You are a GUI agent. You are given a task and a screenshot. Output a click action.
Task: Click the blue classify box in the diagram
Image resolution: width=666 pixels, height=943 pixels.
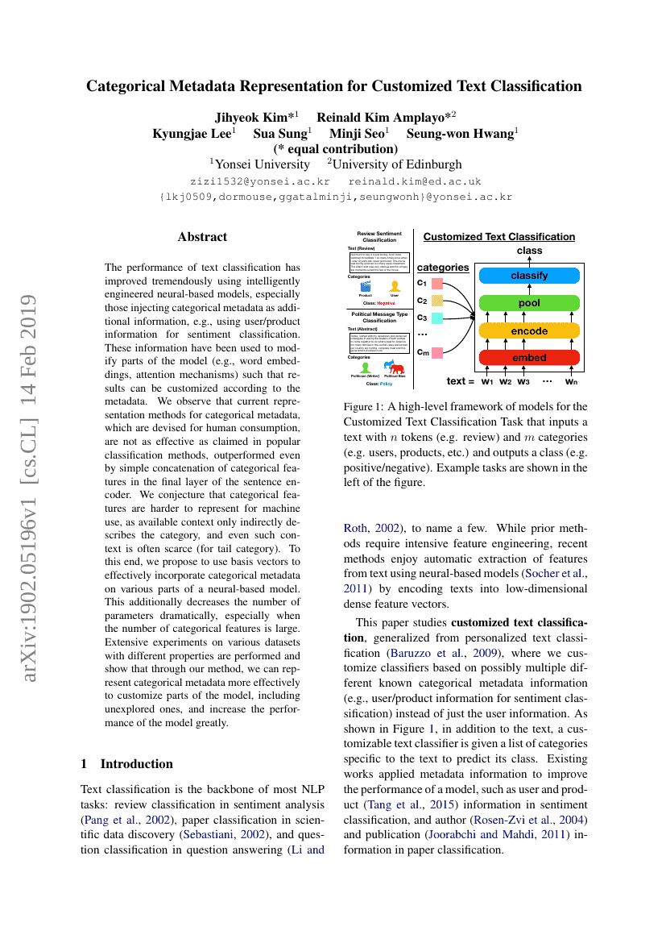[x=529, y=276]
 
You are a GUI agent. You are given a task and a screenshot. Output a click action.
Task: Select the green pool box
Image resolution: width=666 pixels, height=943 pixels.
[x=529, y=303]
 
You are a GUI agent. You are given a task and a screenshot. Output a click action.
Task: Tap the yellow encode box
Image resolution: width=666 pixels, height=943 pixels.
[x=529, y=331]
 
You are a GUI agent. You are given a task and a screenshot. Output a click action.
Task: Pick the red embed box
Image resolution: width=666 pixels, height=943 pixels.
[x=529, y=358]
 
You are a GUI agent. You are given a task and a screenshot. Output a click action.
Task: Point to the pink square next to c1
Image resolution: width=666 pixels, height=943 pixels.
[x=437, y=283]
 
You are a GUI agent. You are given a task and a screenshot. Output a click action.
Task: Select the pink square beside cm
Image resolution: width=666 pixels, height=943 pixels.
[x=437, y=352]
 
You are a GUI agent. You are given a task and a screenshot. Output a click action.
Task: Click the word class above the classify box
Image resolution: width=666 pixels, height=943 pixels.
[x=529, y=251]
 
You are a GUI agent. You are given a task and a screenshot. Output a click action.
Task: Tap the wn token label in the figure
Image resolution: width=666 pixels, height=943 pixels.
[x=571, y=381]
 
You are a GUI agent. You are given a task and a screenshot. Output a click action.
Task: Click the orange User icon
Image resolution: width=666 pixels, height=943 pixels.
[x=395, y=286]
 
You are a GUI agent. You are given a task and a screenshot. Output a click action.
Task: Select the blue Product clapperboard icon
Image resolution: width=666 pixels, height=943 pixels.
[x=365, y=286]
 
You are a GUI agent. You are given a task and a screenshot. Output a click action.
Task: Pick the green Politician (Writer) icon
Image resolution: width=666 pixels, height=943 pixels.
[x=365, y=368]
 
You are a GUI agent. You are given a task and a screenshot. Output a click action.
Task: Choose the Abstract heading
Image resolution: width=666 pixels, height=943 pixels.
[x=202, y=237]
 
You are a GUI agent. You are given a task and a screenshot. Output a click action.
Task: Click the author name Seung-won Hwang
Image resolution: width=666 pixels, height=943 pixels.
[x=461, y=133]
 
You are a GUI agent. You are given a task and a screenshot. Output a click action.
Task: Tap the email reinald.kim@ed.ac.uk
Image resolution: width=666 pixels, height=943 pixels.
[x=414, y=181]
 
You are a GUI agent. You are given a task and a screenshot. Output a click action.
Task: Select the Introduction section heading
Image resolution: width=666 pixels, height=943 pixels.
[x=136, y=763]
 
